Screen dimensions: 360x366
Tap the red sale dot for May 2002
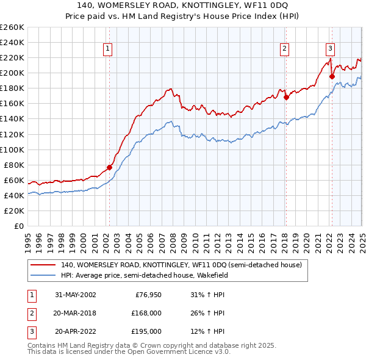(110, 167)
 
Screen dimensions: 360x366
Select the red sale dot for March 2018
(286, 97)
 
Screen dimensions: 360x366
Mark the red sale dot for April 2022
(332, 76)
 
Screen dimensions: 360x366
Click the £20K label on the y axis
(14, 211)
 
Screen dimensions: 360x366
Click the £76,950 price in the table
(148, 295)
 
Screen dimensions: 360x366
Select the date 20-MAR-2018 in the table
(75, 313)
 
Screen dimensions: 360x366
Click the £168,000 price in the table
(146, 313)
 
